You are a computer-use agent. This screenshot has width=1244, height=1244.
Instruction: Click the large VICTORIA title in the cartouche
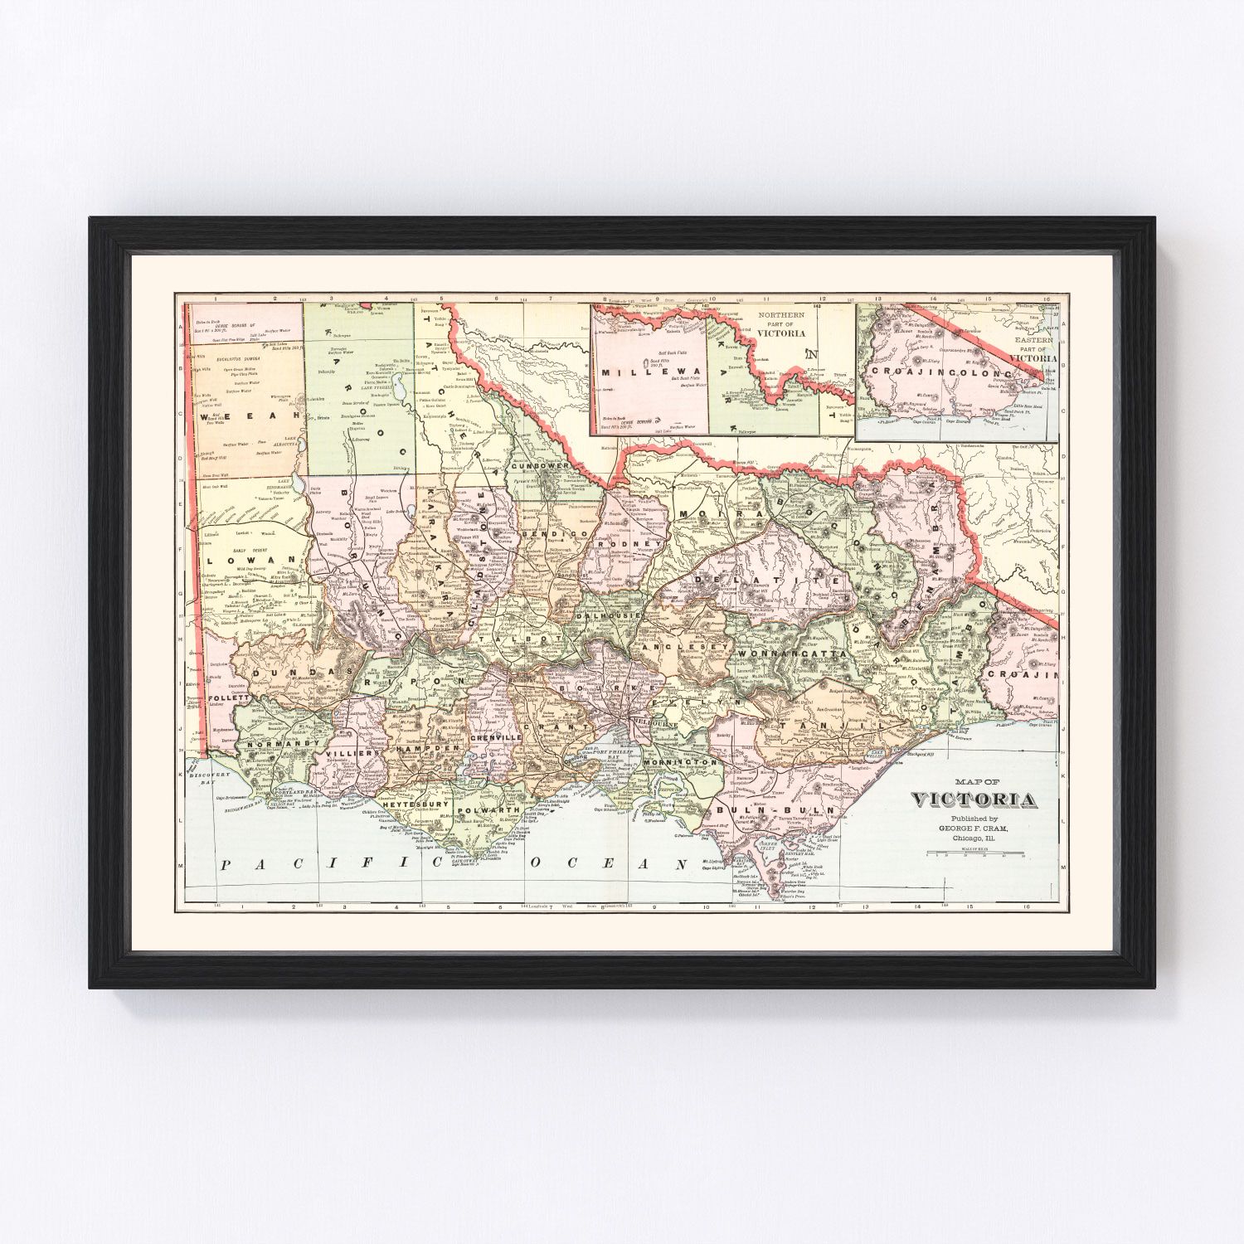tap(974, 799)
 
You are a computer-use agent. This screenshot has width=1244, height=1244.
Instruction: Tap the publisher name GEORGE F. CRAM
tap(974, 828)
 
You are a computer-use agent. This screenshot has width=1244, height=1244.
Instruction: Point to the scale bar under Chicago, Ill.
tap(975, 852)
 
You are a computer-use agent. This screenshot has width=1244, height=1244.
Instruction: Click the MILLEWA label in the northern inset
tap(651, 372)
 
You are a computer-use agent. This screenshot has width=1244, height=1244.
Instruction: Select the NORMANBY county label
tap(277, 745)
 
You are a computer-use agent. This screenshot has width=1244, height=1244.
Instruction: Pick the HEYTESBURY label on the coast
tap(415, 804)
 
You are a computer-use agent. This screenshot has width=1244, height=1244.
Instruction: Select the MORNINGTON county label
tap(679, 761)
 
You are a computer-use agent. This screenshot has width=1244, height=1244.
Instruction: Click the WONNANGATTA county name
tap(790, 654)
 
